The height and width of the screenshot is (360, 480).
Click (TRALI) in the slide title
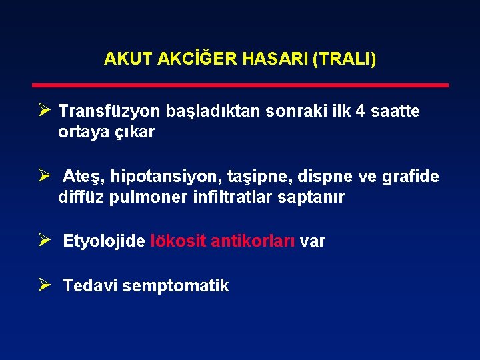tap(343, 59)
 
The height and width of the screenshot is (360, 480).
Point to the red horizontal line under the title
tap(241, 85)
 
